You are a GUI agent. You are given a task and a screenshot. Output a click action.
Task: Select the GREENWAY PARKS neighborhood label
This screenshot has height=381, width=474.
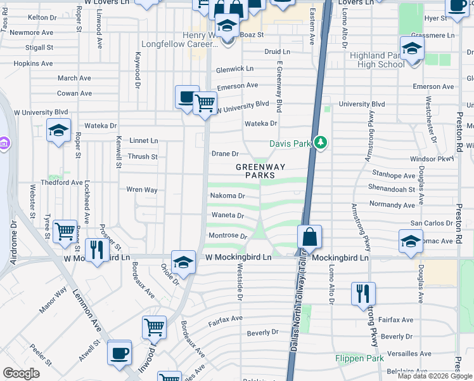pos(260,171)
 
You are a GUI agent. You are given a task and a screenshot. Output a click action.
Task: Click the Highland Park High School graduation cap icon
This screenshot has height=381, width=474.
pos(412,48)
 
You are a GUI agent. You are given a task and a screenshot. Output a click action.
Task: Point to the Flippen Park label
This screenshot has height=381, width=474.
pos(359,358)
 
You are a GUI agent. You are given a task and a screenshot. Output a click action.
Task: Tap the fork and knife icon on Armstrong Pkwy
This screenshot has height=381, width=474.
pos(363,293)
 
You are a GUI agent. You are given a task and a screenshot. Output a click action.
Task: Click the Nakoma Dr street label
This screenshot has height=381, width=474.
pos(227,196)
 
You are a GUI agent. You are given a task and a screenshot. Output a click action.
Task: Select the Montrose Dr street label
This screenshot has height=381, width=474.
pos(227,236)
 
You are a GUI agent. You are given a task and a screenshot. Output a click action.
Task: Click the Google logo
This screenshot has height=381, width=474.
pos(21,373)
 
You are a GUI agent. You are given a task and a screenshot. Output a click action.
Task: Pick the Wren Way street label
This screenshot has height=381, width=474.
pos(142,189)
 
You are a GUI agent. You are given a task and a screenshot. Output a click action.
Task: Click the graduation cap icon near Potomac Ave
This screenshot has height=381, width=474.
pos(411,241)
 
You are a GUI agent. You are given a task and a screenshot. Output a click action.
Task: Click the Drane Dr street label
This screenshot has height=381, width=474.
pos(225,154)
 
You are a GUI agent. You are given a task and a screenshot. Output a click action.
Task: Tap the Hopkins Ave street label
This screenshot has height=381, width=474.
pos(34,63)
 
